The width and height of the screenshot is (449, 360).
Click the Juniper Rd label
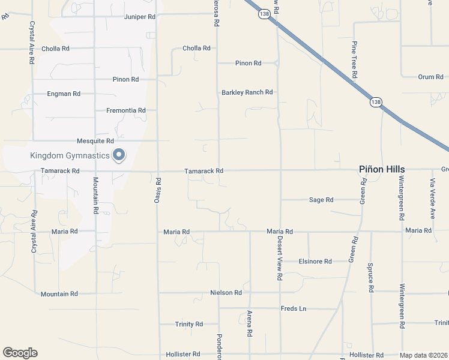coord(139,17)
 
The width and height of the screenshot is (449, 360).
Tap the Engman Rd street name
coord(64,94)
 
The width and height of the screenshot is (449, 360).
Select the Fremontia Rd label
coord(126,110)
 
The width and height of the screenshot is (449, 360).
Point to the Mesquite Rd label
coord(95,141)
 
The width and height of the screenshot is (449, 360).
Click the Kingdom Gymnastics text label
coord(70,156)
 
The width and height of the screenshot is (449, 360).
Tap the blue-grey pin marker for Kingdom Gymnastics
coord(119,155)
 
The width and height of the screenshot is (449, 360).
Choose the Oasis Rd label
coord(158,189)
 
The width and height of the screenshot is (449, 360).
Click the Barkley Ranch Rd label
coord(247,92)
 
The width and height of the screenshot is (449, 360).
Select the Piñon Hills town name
coord(382,170)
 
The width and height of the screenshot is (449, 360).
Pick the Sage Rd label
coord(321,200)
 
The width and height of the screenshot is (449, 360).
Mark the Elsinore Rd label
coord(315,262)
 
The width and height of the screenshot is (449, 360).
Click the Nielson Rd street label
coord(226,293)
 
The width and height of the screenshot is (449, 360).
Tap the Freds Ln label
coord(294,309)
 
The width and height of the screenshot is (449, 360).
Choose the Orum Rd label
coord(430,77)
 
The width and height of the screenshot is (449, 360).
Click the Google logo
coord(20,353)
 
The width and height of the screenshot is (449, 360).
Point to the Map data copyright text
coord(424,355)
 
